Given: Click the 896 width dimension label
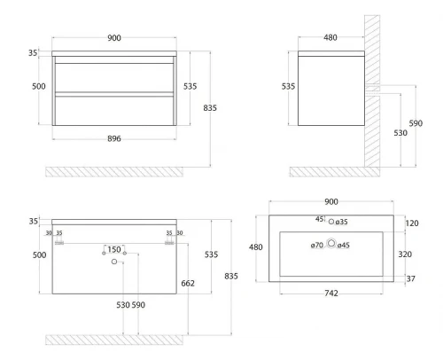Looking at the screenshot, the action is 114,138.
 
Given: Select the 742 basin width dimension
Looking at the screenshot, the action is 331,293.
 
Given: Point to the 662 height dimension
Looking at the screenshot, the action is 188,283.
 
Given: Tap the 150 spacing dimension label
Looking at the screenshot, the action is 114,249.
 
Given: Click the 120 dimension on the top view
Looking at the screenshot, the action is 412,223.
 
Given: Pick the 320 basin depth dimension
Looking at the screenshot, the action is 405,254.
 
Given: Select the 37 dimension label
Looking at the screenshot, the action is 410,278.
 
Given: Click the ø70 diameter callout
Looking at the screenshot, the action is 317,245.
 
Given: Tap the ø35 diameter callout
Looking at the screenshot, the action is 341,222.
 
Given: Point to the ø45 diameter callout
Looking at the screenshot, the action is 344,245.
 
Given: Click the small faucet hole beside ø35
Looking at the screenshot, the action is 331,222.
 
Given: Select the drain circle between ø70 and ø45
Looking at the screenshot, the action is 331,243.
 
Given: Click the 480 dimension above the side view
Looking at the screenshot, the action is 330,37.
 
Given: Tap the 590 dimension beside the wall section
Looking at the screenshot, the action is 416,123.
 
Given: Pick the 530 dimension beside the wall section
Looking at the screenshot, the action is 400,133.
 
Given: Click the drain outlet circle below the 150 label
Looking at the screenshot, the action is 114,262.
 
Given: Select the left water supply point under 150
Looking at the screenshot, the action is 104,254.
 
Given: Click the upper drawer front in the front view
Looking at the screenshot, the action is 114,77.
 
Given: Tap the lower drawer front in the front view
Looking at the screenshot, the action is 114,111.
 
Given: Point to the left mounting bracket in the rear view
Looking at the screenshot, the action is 59,243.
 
